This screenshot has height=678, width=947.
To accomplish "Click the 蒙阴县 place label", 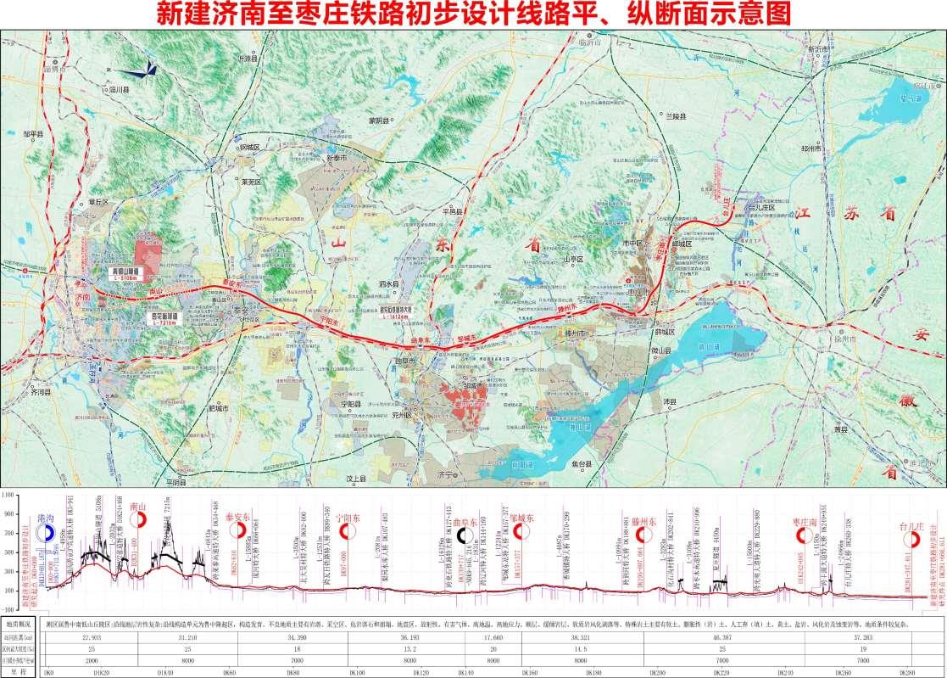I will pyautogui.click(x=376, y=121).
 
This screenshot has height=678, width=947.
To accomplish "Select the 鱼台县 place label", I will pyautogui.click(x=580, y=465).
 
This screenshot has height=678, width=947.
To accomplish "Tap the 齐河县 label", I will pyautogui.click(x=42, y=394).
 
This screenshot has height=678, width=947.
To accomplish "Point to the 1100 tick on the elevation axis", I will pyautogui.click(x=10, y=493).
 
